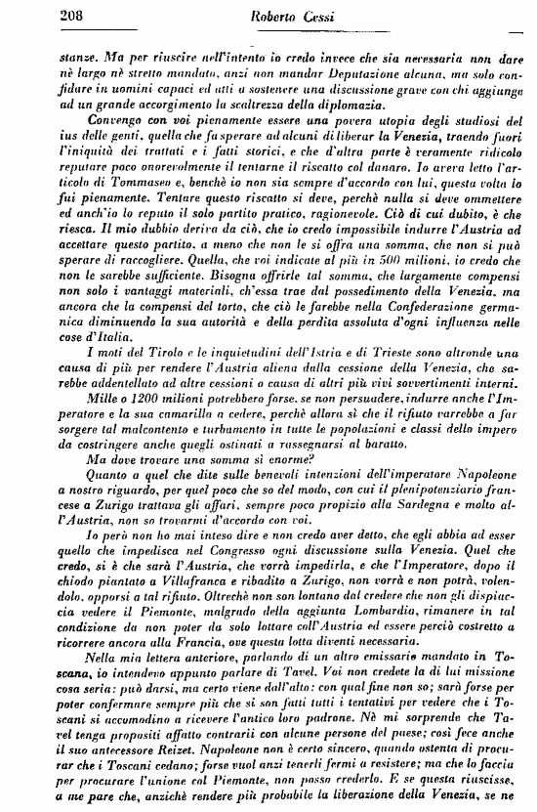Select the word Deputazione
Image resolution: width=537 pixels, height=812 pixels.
click(314, 64)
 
